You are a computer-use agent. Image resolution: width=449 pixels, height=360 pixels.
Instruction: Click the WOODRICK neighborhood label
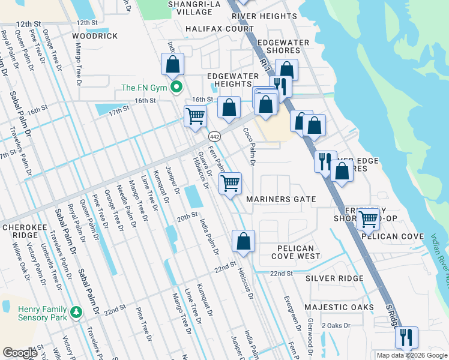tap(95, 36)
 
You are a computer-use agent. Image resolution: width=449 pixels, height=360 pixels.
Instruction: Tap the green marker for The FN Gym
tap(176, 88)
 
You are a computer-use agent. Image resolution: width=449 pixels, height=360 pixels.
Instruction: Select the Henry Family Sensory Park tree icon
tap(76, 312)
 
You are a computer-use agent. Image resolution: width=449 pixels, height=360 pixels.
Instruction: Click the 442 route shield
tap(214, 137)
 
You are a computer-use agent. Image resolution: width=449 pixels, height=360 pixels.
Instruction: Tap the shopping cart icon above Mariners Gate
tap(231, 184)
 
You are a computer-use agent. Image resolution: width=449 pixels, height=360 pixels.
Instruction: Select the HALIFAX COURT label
tap(220, 28)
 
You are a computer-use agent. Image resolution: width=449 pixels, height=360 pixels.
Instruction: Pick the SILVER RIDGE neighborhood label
tap(334, 278)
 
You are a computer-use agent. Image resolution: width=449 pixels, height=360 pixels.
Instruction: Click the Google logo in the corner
tap(20, 353)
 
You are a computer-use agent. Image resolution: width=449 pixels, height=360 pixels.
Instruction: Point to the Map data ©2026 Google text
tap(412, 355)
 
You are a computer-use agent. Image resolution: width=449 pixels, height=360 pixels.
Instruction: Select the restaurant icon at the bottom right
tap(406, 338)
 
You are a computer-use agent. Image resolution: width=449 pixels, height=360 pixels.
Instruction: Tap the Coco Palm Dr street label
tap(249, 145)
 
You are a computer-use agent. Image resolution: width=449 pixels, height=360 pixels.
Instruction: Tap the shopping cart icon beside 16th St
tap(195, 116)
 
